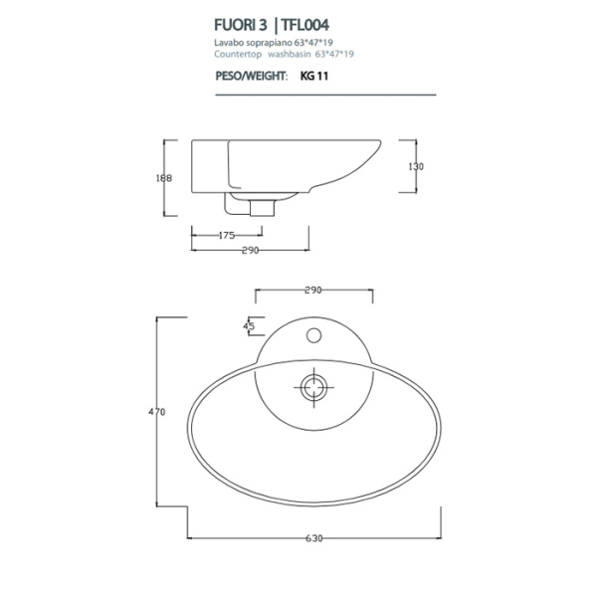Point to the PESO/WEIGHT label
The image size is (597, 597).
251,76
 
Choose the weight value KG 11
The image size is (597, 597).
314,76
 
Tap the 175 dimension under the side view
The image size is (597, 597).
225,236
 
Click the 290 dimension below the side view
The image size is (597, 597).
250,251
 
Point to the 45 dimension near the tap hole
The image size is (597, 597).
249,325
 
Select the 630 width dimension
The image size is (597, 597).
313,538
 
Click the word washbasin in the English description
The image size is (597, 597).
293,54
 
